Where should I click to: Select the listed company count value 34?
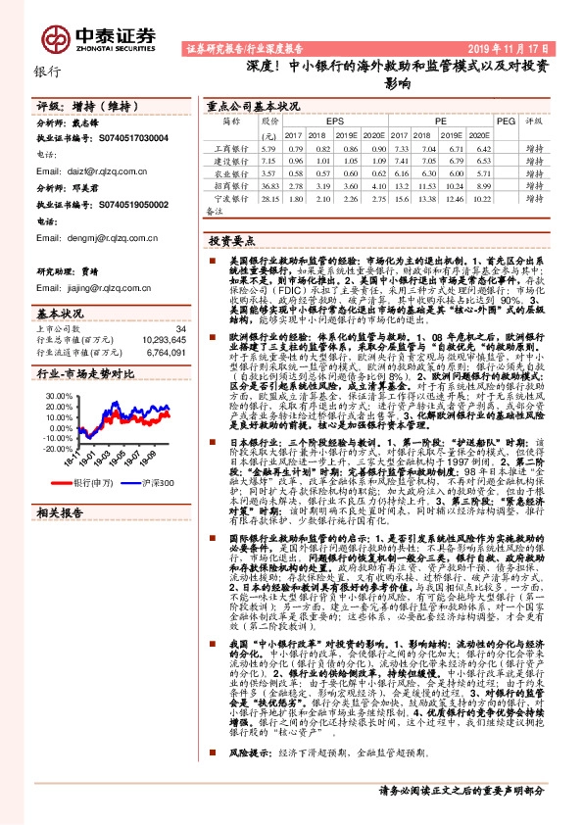click(x=179, y=328)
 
